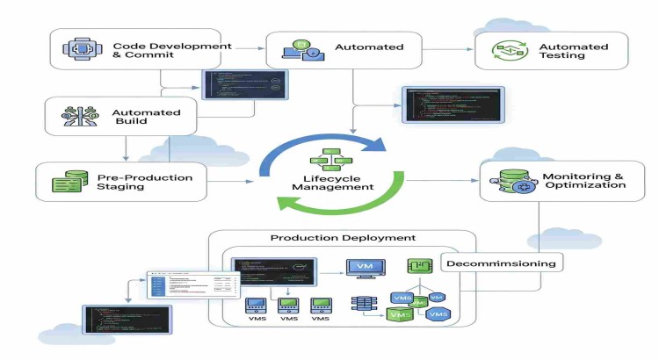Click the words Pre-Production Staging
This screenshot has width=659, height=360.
(151, 182)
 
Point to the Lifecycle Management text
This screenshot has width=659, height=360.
(331, 182)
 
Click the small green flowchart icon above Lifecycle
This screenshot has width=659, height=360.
(331, 159)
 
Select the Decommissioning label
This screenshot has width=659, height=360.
(501, 263)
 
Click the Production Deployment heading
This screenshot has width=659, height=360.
(343, 239)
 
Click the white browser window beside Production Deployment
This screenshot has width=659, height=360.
(193, 285)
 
